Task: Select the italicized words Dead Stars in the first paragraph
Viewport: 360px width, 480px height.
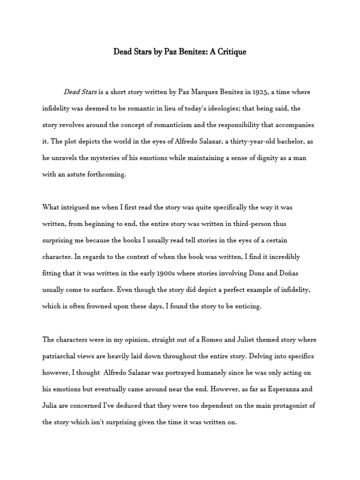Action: pos(80,92)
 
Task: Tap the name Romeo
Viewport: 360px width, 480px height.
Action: pos(203,339)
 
